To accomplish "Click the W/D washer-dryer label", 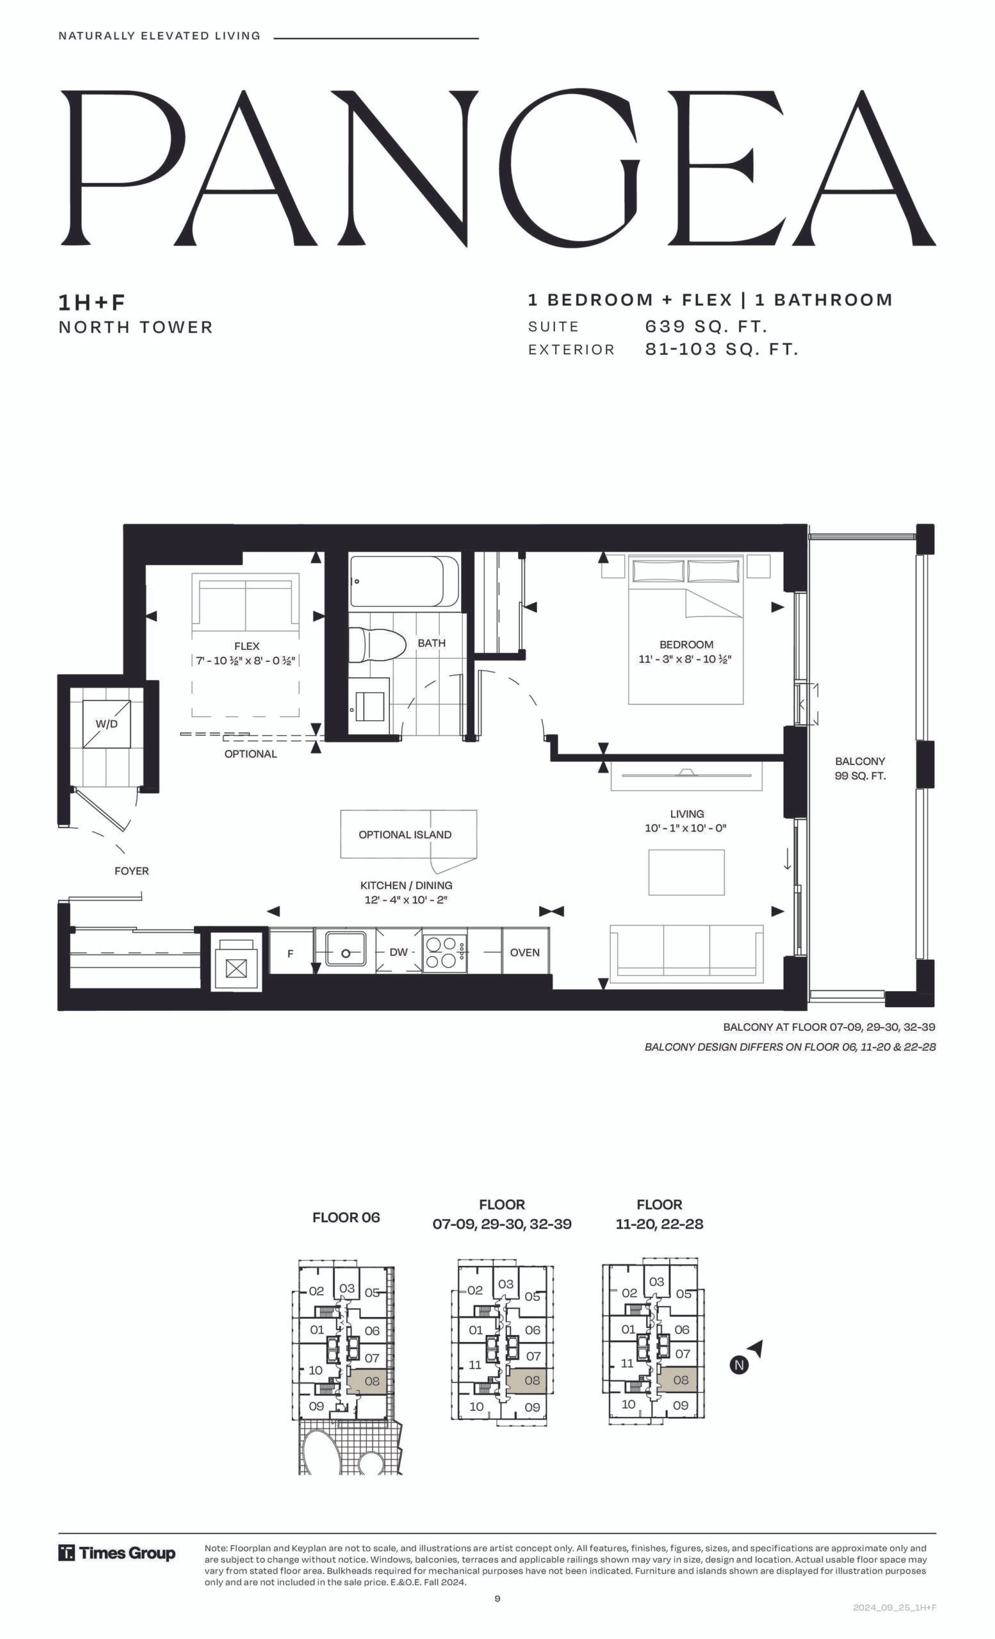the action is coord(106,723).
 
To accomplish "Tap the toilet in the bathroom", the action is coord(377,645).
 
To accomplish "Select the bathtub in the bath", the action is coord(405,581).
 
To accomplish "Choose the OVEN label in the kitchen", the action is coord(525,953).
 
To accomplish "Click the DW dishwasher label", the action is coord(398,953).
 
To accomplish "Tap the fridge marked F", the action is coord(291,953).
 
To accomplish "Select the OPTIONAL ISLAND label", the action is coord(405,835).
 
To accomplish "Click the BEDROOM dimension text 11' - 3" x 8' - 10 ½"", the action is coord(685,659).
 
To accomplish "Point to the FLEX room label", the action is coord(247,646).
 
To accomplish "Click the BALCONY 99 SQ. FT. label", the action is coord(860,768).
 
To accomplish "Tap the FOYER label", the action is coord(132,871).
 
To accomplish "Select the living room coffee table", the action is coord(686,872).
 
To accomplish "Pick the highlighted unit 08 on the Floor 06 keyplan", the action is coord(371,1380).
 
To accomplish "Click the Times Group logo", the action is coord(117,1553).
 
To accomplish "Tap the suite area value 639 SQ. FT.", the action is coord(706,327).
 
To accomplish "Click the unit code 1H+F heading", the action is coord(92,303).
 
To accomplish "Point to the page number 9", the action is coord(497,1599).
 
